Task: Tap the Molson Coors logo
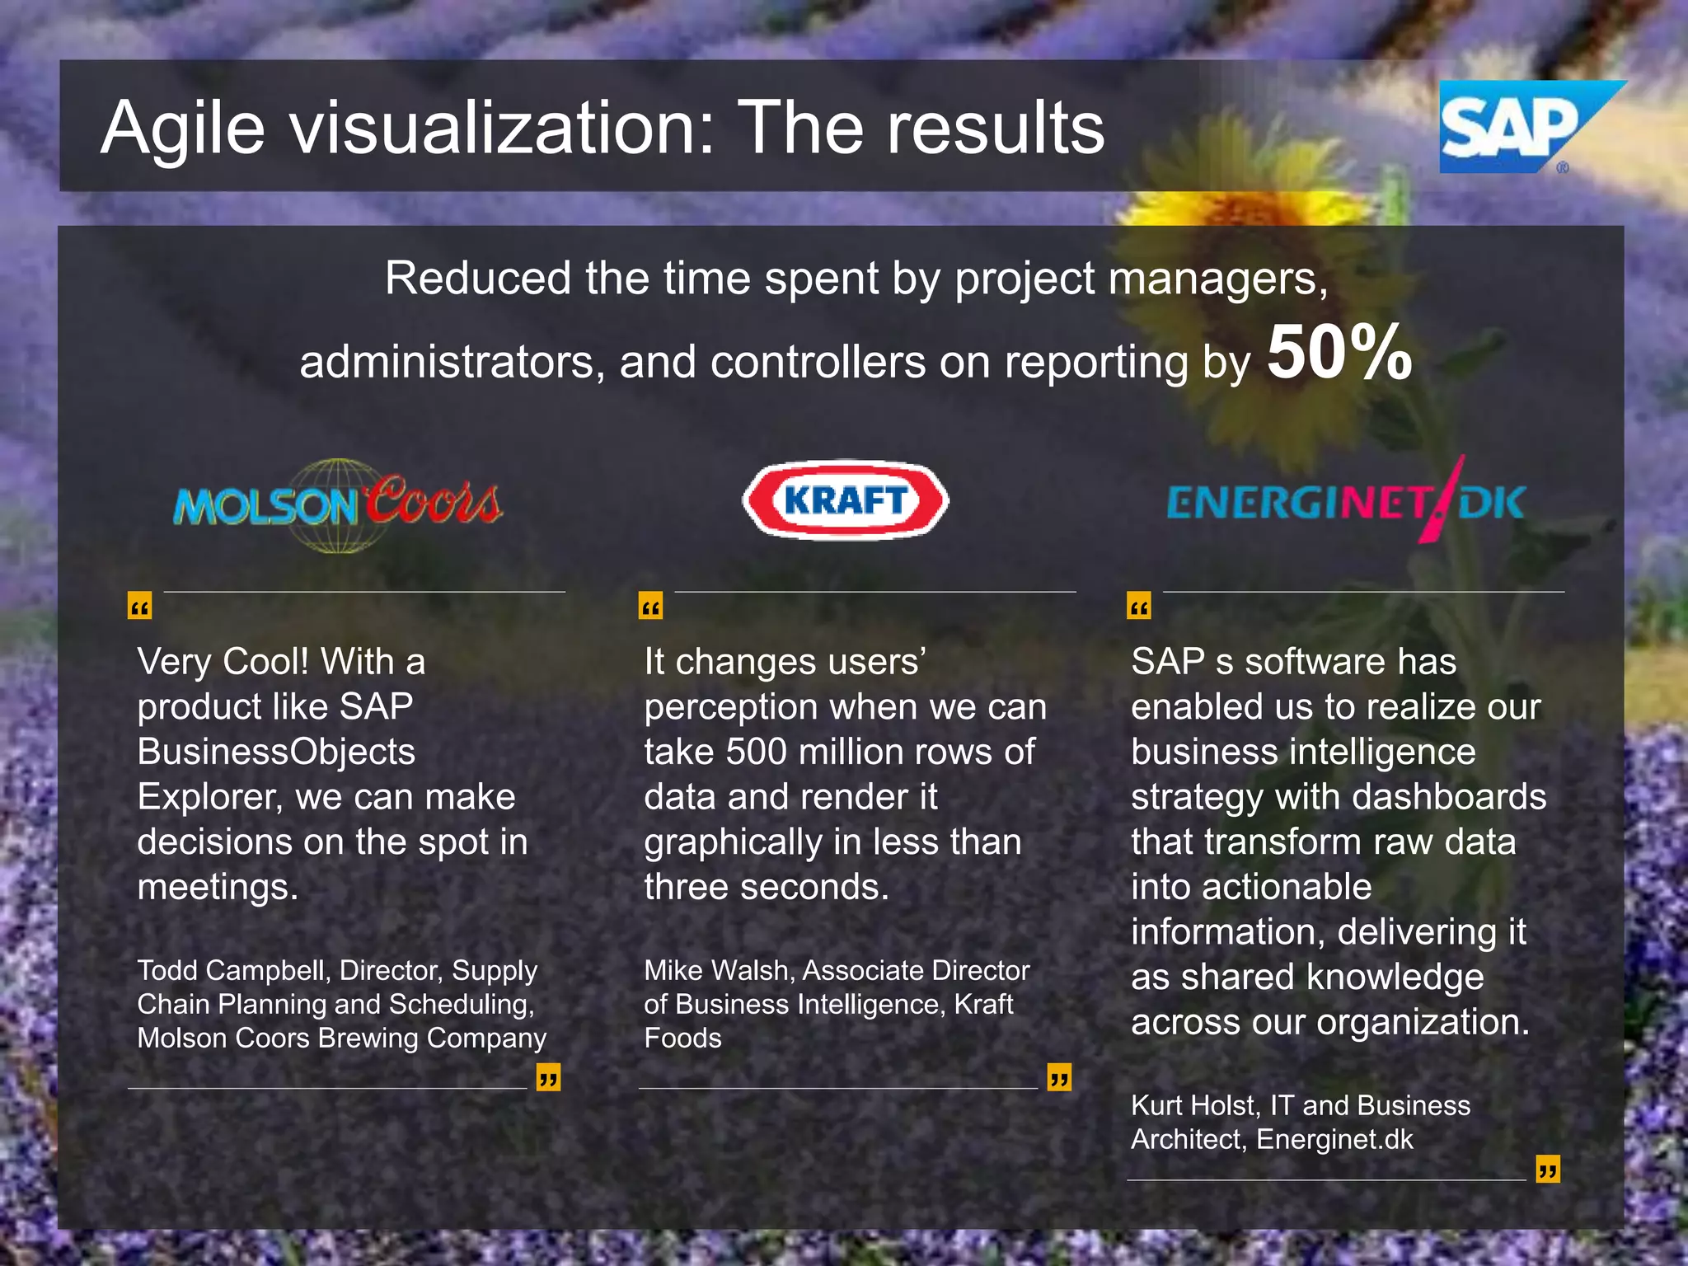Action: click(338, 504)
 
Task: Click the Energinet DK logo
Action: click(1346, 502)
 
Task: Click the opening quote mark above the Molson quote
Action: click(139, 607)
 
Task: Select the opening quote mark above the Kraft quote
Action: click(650, 607)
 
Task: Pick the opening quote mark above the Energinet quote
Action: click(1138, 607)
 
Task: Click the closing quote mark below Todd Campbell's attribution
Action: click(548, 1076)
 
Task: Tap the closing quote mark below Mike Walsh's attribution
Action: click(1059, 1076)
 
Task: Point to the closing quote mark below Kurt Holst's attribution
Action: click(1548, 1169)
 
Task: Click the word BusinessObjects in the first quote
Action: click(276, 752)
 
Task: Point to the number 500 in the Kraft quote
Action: click(756, 752)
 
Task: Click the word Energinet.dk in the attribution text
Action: click(1334, 1139)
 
